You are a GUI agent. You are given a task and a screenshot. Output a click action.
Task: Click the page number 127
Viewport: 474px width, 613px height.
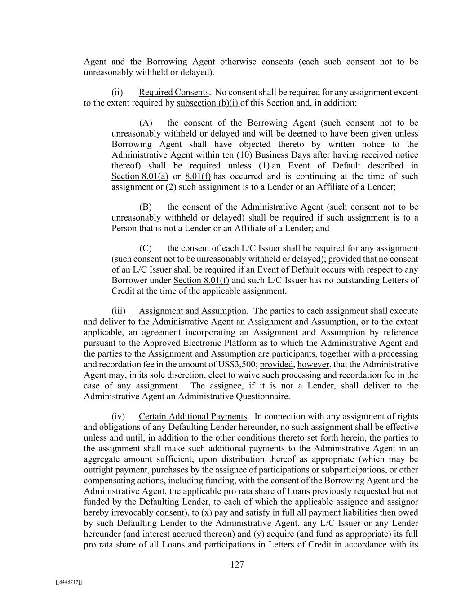pos(237,565)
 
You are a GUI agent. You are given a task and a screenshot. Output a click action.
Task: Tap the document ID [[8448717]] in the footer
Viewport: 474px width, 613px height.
pos(69,582)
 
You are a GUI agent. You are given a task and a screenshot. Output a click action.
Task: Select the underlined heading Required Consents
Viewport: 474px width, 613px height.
pos(173,93)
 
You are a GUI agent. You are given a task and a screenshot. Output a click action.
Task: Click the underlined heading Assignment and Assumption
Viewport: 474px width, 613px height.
pos(192,311)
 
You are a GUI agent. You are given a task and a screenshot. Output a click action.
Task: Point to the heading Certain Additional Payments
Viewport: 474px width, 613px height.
pos(192,416)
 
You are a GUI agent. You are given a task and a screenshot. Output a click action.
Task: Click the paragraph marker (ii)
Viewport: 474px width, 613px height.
pos(117,93)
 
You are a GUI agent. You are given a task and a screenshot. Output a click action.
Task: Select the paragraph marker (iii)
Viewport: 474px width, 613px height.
pos(118,311)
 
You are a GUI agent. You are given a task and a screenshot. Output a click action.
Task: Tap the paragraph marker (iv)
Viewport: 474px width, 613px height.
pos(118,416)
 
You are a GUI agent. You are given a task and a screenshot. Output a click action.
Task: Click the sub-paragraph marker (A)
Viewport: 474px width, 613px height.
pos(146,123)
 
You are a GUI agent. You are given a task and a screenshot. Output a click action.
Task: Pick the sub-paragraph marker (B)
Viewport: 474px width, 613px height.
pos(146,207)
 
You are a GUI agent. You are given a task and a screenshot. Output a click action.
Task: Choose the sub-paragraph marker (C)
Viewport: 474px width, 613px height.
pos(146,248)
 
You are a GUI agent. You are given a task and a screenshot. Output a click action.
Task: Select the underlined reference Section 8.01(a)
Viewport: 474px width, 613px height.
pos(137,176)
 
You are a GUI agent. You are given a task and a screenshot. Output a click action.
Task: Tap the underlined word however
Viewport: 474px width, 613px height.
pos(313,365)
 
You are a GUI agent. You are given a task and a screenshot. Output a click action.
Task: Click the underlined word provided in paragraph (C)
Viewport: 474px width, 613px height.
pos(344,259)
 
